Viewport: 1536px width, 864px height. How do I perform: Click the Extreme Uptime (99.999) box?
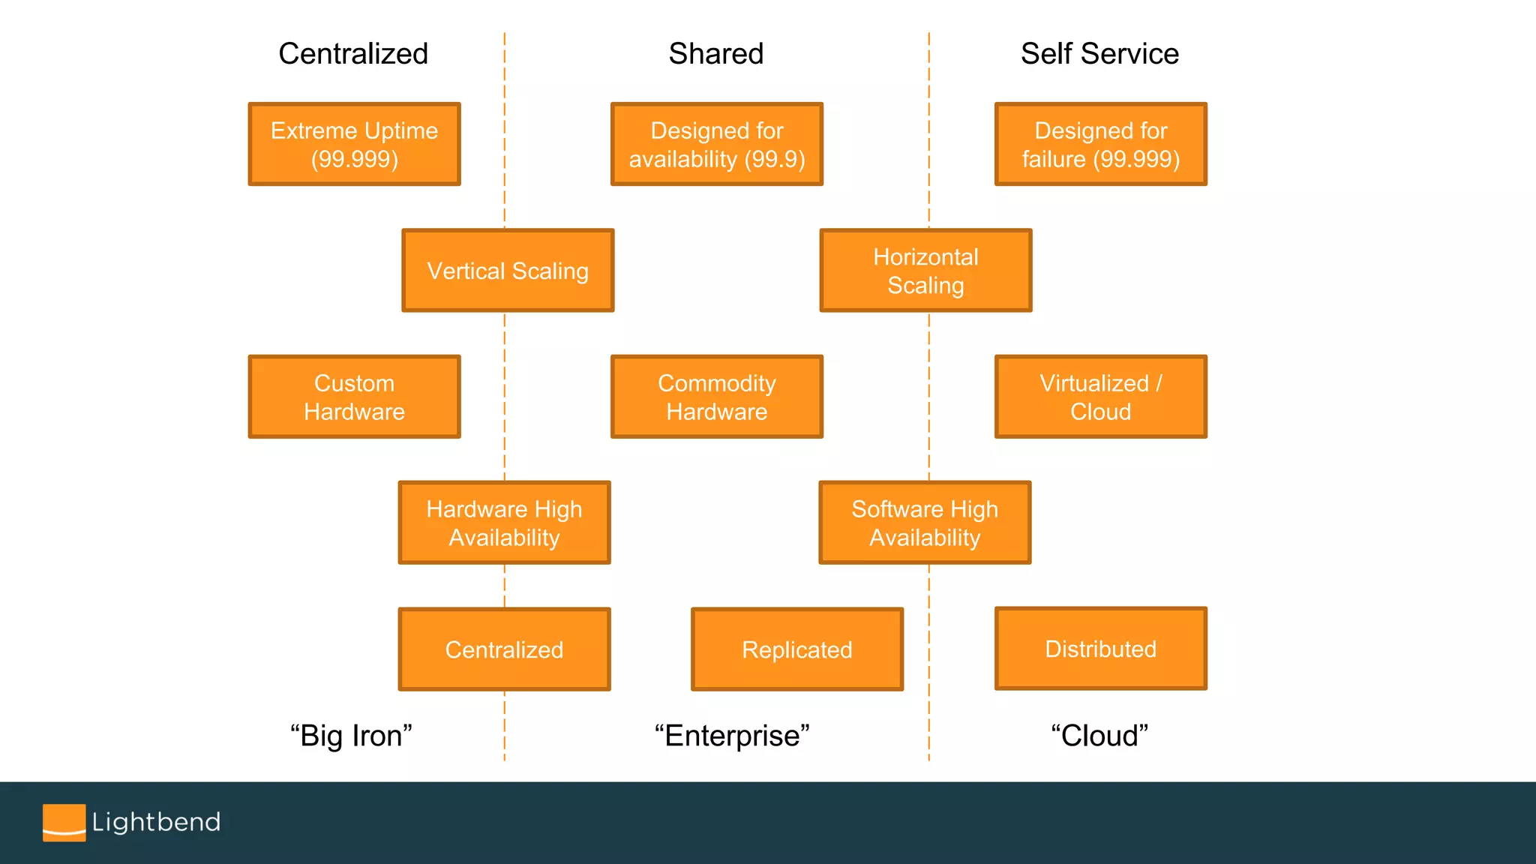point(354,144)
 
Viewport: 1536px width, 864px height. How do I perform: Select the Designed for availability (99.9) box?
point(716,144)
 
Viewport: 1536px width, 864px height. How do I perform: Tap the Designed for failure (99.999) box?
point(1100,144)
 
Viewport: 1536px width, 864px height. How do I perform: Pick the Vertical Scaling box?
point(508,270)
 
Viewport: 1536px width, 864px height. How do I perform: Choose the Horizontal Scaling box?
point(925,270)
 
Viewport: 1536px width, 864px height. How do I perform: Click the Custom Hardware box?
point(354,397)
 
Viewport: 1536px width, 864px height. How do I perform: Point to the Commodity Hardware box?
point(716,397)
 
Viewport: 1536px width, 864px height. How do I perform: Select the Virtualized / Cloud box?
point(1100,397)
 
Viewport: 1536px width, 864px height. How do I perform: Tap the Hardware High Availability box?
point(504,523)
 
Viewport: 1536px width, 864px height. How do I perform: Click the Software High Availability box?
point(925,523)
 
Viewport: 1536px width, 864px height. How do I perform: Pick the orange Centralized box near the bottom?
point(504,649)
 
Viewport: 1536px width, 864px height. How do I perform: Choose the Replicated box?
point(796,649)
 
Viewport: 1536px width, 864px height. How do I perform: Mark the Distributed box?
point(1100,648)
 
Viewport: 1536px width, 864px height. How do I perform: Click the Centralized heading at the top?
point(353,53)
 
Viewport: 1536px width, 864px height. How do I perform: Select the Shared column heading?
point(715,53)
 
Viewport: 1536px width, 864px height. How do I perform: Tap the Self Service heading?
point(1099,53)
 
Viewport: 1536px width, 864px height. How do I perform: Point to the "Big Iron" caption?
point(351,736)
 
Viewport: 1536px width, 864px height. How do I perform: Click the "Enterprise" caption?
point(732,736)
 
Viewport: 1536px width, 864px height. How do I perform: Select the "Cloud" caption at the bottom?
point(1099,736)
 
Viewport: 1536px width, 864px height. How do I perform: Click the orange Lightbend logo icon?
point(64,823)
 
